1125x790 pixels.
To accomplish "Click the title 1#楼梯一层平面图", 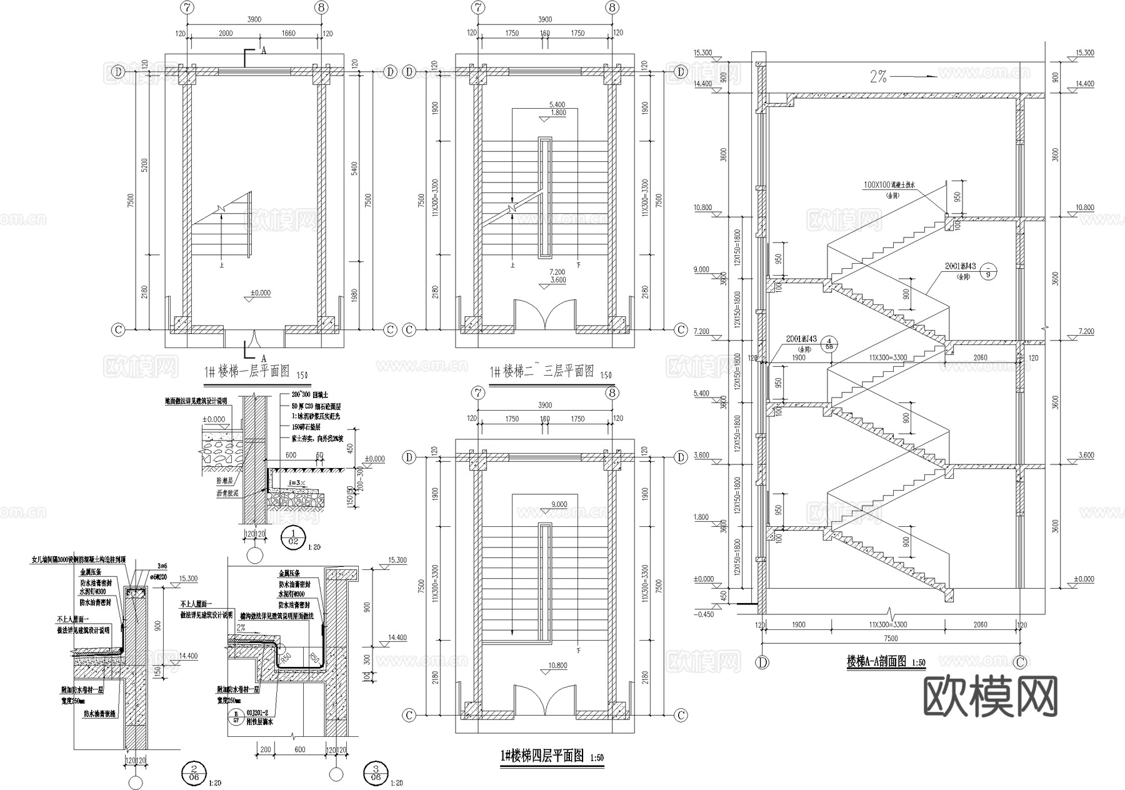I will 247,372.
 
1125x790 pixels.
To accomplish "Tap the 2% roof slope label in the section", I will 877,77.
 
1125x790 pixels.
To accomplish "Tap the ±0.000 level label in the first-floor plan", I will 261,292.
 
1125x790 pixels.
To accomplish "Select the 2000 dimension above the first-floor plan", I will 226,34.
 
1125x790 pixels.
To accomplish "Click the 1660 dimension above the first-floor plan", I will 288,34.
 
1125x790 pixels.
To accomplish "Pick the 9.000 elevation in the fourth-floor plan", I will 559,504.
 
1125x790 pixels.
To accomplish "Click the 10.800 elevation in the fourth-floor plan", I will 557,666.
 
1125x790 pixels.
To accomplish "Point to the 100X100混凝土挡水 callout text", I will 889,186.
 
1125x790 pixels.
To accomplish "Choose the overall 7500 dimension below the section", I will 891,638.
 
